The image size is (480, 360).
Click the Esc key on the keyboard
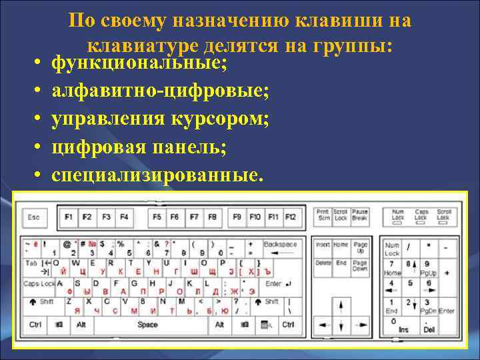click(x=34, y=217)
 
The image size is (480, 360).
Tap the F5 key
click(x=157, y=217)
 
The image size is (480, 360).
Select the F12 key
click(x=291, y=217)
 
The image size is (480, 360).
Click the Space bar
click(x=147, y=325)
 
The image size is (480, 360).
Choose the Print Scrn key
click(x=323, y=215)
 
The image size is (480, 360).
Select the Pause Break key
click(x=360, y=215)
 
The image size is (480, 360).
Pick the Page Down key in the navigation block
click(x=360, y=267)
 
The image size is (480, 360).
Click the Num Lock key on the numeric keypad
click(x=393, y=249)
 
